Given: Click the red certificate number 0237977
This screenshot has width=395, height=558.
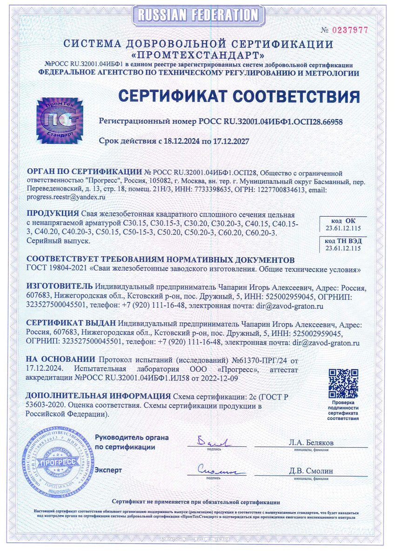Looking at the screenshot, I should pyautogui.click(x=350, y=30).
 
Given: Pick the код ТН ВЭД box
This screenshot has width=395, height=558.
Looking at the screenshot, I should pyautogui.click(x=343, y=245).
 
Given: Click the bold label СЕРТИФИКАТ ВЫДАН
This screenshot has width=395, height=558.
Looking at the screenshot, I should pyautogui.click(x=71, y=323).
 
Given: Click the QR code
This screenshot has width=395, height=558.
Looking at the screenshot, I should pyautogui.click(x=343, y=382).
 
